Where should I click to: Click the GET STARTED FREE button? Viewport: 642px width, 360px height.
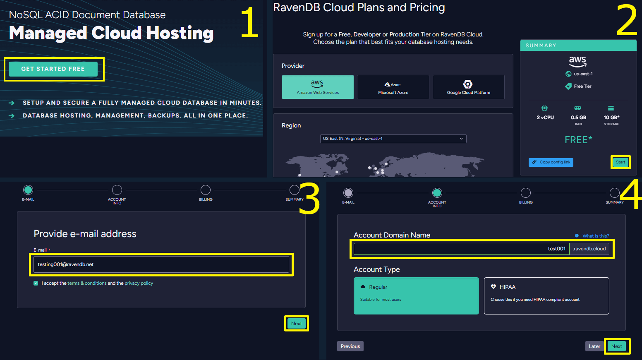click(x=53, y=69)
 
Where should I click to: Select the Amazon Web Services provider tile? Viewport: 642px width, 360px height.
click(x=318, y=87)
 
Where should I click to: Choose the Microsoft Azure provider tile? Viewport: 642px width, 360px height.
click(x=393, y=87)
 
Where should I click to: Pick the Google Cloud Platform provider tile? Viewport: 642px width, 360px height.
click(x=468, y=87)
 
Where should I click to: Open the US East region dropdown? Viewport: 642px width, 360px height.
click(x=393, y=139)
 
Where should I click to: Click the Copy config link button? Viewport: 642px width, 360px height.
click(x=551, y=162)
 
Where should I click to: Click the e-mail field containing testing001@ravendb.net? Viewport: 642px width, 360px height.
click(x=161, y=264)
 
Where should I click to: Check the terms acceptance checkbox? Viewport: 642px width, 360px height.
click(x=36, y=283)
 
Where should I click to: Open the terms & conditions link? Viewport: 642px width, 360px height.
click(x=87, y=283)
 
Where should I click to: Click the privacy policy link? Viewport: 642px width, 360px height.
click(x=139, y=283)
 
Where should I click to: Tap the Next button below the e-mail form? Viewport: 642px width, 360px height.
click(x=296, y=324)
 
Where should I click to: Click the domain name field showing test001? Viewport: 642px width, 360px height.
click(x=461, y=249)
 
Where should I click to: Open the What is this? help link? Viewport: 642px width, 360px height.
click(x=596, y=236)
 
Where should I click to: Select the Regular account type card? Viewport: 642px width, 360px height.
click(x=416, y=296)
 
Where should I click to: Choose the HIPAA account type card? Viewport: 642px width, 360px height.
click(x=546, y=296)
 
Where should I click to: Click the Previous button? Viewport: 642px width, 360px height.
click(x=350, y=346)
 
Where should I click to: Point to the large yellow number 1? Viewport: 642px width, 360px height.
click(x=249, y=22)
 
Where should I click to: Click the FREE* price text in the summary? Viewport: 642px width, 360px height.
click(x=578, y=140)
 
